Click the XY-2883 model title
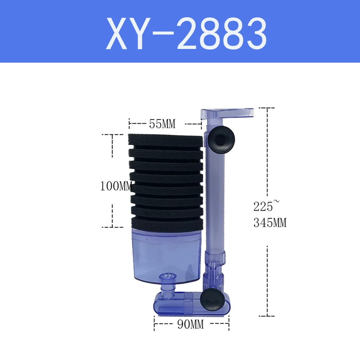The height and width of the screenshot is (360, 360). [x=186, y=33]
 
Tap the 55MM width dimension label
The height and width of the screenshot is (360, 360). [x=162, y=124]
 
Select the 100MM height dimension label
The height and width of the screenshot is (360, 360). [x=116, y=186]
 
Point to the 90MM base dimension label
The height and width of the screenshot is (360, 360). [x=190, y=324]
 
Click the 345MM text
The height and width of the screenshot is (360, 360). [x=270, y=223]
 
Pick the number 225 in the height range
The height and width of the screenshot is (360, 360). [x=263, y=206]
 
